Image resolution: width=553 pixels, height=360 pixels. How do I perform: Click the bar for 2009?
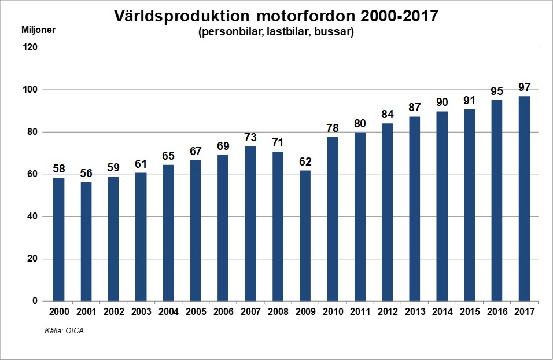coord(305,236)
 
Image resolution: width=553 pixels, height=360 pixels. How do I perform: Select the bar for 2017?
coord(524,199)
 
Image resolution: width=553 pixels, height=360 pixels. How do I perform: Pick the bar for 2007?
coord(250,223)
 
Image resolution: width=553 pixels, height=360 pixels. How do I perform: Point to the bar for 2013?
coord(415,208)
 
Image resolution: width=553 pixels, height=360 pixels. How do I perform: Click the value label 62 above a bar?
coord(305,161)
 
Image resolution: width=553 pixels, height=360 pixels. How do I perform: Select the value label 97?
coord(524,87)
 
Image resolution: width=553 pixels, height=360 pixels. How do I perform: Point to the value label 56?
coord(86,173)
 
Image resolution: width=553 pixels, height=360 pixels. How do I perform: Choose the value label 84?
coord(388,114)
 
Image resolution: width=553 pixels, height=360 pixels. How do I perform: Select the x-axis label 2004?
coord(168,311)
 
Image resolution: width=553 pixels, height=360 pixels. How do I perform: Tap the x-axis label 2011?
coord(360,311)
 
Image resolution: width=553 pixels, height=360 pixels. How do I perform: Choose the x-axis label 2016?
coord(497,311)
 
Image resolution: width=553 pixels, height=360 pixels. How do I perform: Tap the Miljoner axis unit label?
coord(38,30)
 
